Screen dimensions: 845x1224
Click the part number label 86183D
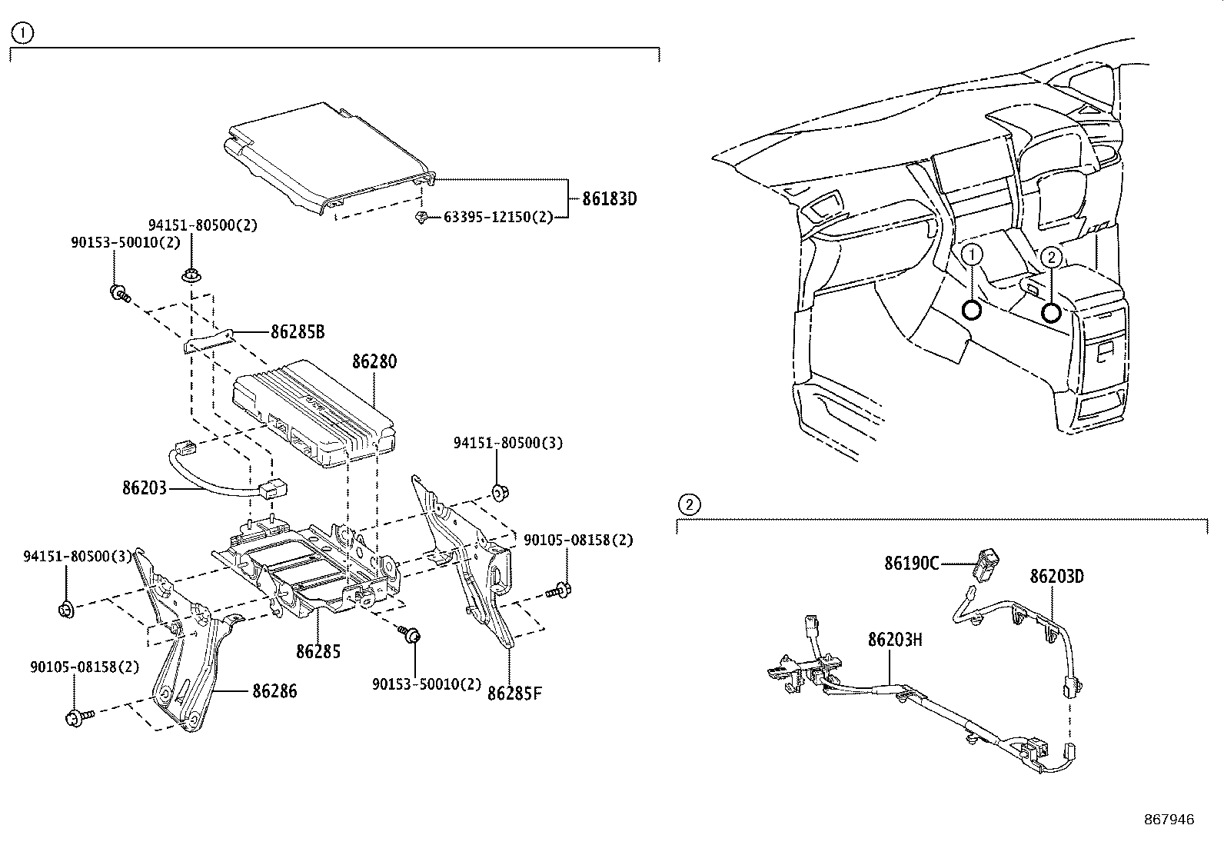[x=609, y=198]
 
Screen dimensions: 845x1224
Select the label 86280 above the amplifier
[x=374, y=361]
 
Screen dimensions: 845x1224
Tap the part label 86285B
[x=298, y=332]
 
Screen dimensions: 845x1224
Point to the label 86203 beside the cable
[x=144, y=487]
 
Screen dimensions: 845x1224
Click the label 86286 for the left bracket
[x=274, y=691]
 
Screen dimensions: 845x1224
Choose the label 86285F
[x=514, y=693]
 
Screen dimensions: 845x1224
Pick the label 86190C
[x=911, y=564]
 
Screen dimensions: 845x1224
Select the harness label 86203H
[x=895, y=639]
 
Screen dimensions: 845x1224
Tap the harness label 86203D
[x=1056, y=576]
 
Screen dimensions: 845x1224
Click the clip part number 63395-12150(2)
[x=498, y=218]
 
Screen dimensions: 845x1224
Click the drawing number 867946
[x=1169, y=820]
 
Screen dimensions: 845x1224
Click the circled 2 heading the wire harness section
[x=689, y=505]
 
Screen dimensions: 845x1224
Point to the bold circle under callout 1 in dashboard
[x=972, y=310]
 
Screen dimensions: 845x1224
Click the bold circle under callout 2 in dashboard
[x=1051, y=312]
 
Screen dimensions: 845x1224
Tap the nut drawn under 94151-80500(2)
[x=189, y=275]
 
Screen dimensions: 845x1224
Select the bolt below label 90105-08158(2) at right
[x=559, y=591]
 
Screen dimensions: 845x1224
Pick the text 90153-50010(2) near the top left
[x=125, y=242]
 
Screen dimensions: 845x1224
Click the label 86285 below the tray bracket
[x=318, y=651]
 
